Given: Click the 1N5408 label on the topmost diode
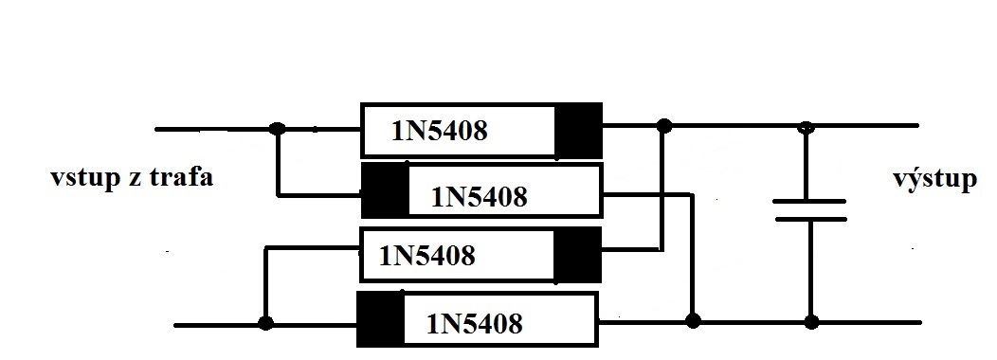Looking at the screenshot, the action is click(x=440, y=131).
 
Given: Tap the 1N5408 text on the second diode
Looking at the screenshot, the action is click(x=480, y=197).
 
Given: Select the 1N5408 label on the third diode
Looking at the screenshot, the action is click(x=427, y=256).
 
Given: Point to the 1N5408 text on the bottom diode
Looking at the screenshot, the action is click(x=475, y=324).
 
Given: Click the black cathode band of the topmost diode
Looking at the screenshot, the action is click(x=578, y=131).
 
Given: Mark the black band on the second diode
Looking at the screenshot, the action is click(x=386, y=190).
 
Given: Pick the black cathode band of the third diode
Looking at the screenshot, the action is click(x=577, y=255).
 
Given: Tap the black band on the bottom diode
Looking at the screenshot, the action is click(x=380, y=319).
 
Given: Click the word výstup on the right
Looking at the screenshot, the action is click(x=934, y=177).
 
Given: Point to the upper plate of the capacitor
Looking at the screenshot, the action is click(x=809, y=201).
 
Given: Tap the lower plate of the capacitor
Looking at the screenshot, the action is click(x=810, y=220).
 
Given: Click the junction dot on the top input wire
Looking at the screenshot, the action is click(x=277, y=129).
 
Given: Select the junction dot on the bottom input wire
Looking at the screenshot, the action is click(x=265, y=323).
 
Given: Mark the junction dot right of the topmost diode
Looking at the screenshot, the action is click(x=663, y=125).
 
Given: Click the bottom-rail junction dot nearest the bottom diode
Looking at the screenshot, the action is click(x=693, y=320).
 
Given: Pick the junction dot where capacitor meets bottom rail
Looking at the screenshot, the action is click(x=811, y=322).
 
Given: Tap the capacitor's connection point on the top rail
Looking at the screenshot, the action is click(x=806, y=127).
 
